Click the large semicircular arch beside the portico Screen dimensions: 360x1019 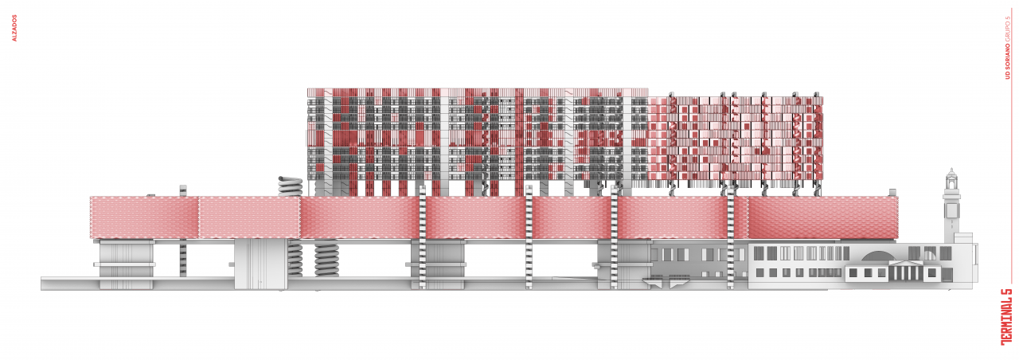point(875,256)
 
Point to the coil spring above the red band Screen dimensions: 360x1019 point(291,186)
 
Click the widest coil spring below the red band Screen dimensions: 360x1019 point(326,259)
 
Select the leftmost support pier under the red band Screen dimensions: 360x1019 point(126,264)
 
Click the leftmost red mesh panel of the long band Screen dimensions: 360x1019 point(144,217)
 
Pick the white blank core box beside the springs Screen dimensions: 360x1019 point(253,264)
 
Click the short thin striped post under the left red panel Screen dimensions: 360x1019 point(183,258)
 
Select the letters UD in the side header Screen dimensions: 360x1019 point(1007,74)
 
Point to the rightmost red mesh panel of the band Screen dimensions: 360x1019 point(822,217)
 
